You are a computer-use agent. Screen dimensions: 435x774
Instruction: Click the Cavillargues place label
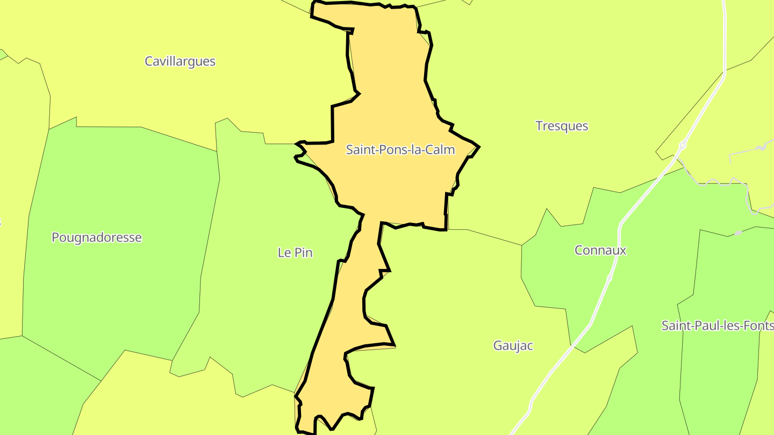point(180,61)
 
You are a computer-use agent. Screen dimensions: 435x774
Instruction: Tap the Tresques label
point(562,126)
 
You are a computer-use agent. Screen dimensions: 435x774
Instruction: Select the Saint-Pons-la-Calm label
point(400,149)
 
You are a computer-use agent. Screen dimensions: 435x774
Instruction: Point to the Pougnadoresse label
point(97,237)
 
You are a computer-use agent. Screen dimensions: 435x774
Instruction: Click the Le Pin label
point(295,252)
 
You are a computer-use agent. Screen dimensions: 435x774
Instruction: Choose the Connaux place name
point(600,250)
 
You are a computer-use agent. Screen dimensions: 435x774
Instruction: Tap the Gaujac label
point(513,345)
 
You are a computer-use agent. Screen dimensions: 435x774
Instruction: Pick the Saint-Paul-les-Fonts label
point(717,325)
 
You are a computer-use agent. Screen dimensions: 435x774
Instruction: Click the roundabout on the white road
point(683,145)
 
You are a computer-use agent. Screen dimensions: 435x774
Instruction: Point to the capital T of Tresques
point(539,126)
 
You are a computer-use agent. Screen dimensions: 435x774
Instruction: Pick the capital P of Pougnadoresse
point(55,237)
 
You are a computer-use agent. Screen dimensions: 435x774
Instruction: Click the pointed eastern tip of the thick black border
point(478,146)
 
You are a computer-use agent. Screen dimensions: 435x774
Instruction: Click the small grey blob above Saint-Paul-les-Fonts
point(739,233)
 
